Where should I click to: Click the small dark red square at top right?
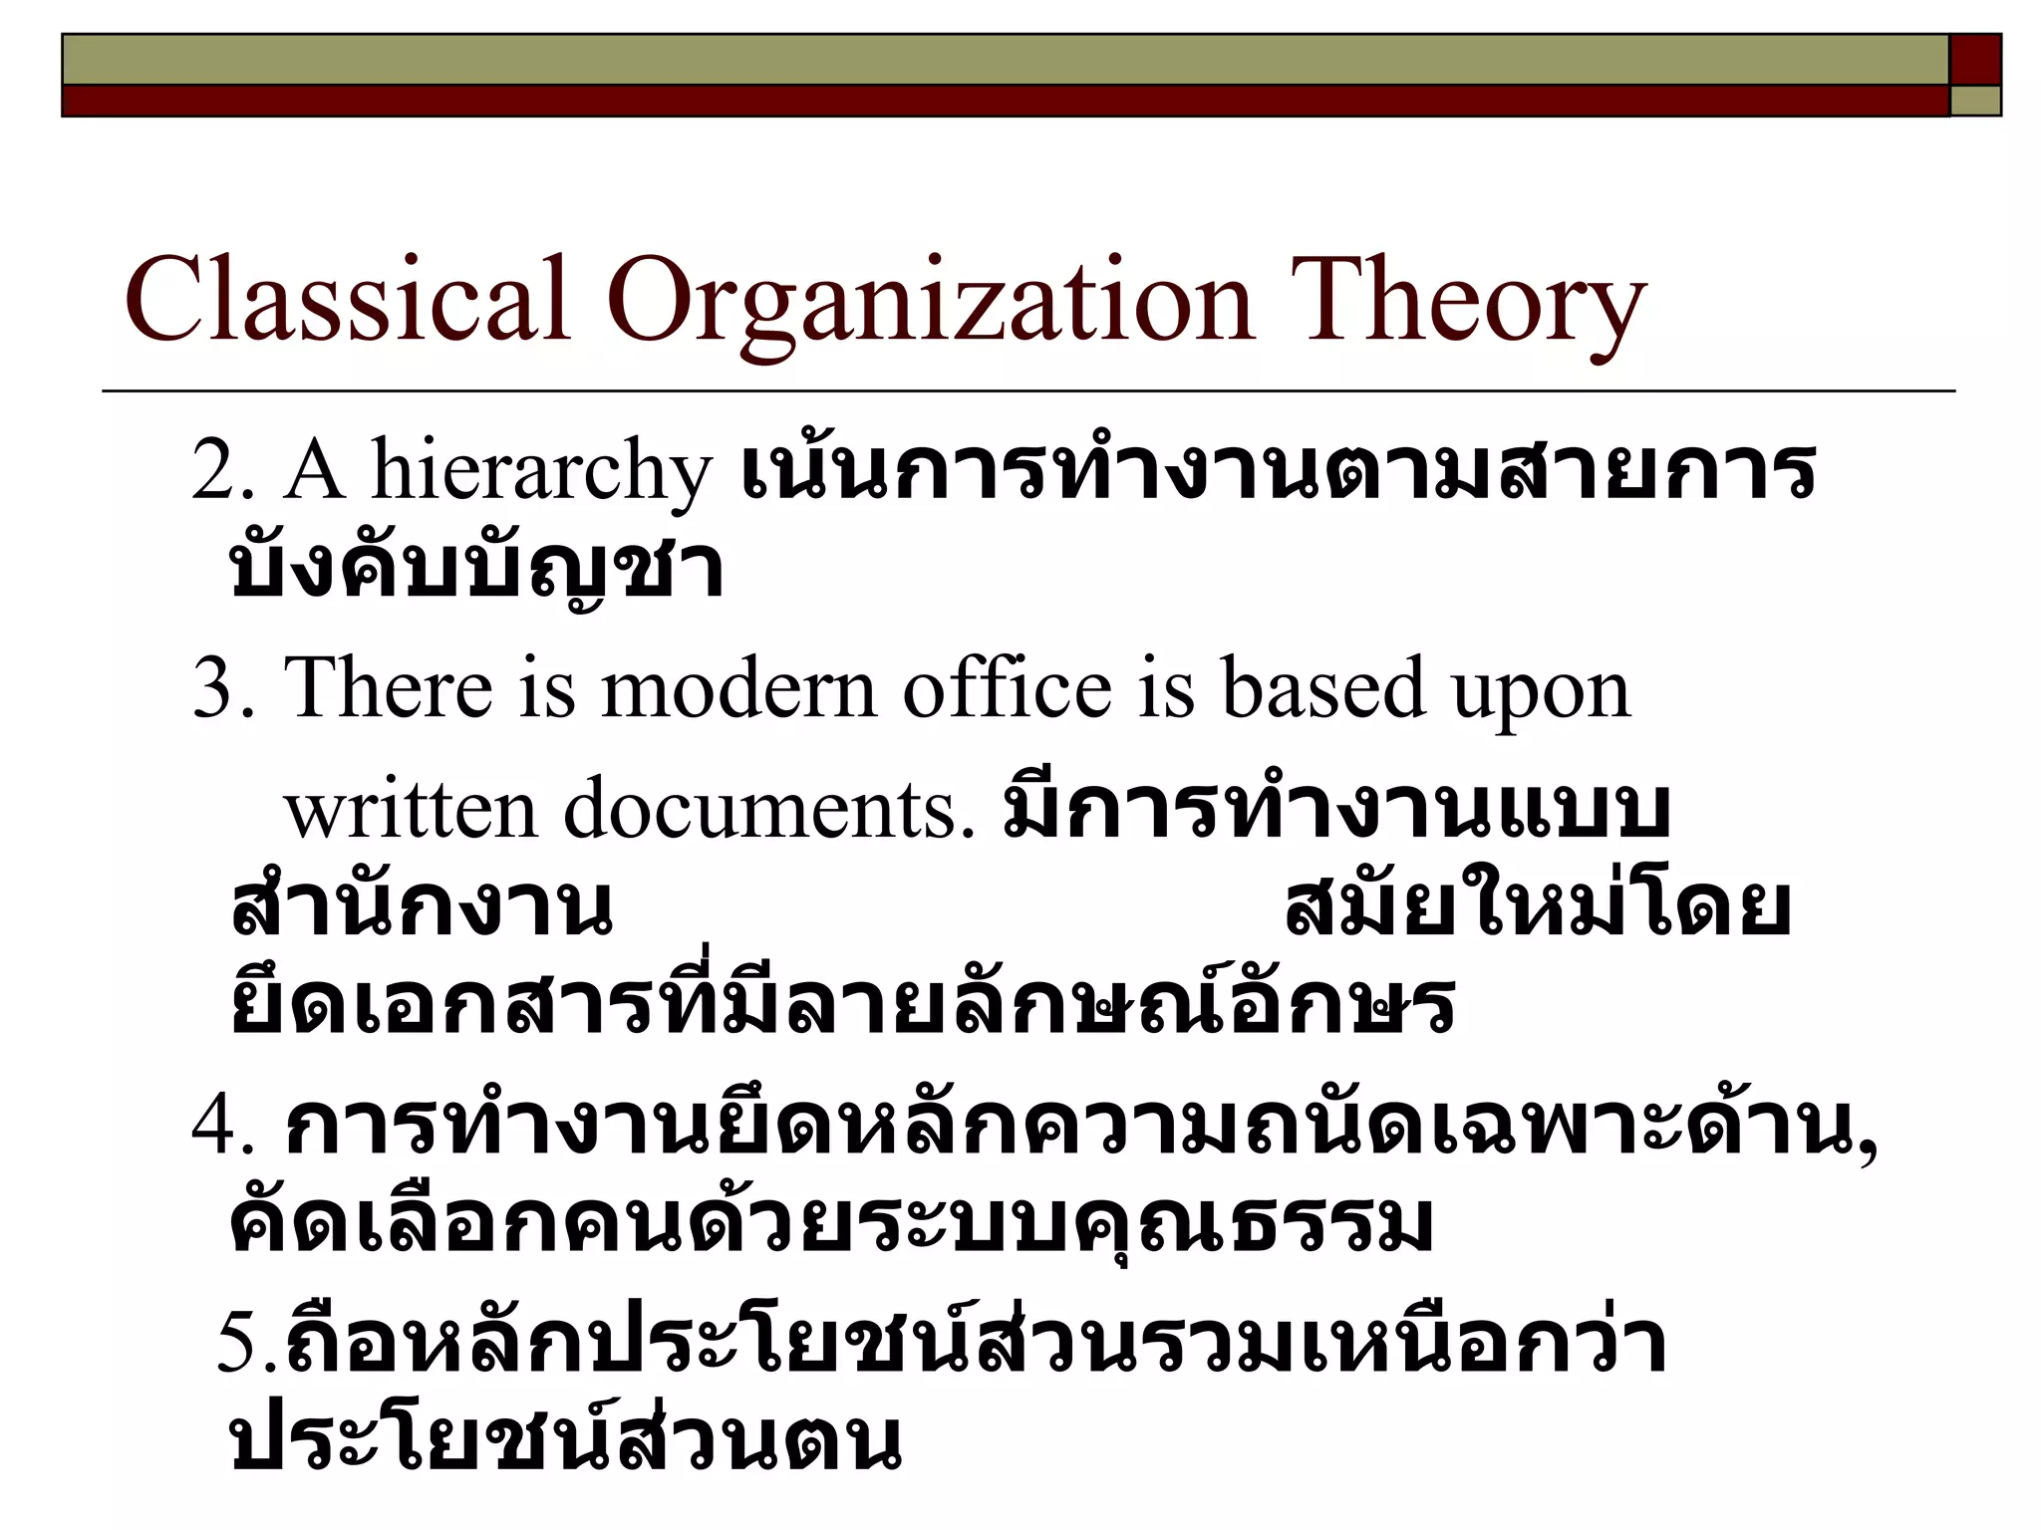point(1975,59)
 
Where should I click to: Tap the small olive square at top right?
point(1975,101)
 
